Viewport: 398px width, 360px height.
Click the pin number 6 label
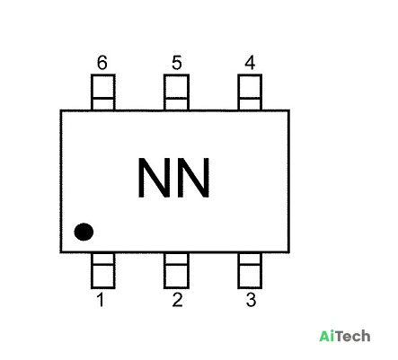102,63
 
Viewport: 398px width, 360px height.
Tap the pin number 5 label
177,63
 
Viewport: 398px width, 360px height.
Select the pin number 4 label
250,63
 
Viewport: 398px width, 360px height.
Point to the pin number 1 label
101,300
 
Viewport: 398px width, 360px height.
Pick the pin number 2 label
177,300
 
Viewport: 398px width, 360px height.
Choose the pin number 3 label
252,300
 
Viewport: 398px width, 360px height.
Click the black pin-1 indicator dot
84,232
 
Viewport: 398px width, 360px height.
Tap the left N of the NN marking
154,178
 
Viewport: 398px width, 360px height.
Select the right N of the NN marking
193,178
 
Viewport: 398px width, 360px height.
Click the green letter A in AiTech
324,336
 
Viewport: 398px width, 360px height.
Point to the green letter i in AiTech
332,336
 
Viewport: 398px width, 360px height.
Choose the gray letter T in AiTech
340,336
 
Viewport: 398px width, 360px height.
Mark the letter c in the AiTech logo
356,338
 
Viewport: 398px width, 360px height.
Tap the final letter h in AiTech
366,336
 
